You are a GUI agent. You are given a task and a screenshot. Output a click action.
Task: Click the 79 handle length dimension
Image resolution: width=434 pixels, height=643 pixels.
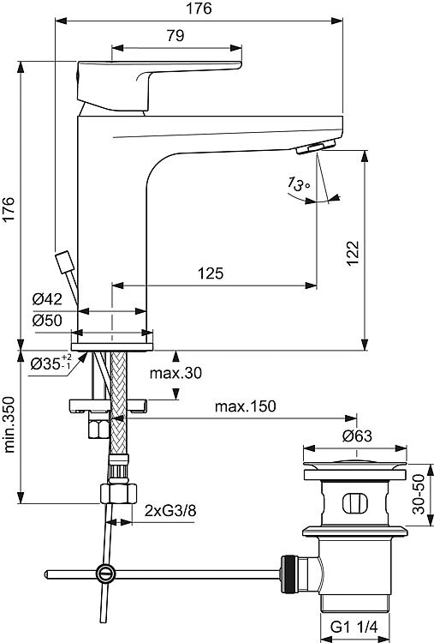pyautogui.click(x=175, y=36)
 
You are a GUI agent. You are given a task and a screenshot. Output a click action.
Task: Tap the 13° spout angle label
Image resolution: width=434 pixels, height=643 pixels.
pyautogui.click(x=298, y=184)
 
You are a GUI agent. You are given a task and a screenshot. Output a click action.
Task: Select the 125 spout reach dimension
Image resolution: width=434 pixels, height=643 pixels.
pyautogui.click(x=211, y=273)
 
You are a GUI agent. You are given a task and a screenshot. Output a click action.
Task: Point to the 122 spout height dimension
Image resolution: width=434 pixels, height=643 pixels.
pyautogui.click(x=353, y=253)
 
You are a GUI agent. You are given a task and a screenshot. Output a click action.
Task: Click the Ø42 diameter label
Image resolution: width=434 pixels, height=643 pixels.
pyautogui.click(x=47, y=299)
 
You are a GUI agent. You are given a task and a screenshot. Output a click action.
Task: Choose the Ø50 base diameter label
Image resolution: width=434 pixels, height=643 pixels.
pyautogui.click(x=47, y=321)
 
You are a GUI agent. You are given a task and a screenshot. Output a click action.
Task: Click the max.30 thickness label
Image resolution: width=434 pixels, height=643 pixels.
pyautogui.click(x=175, y=373)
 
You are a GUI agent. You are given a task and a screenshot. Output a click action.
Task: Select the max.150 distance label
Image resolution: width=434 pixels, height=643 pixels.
pyautogui.click(x=246, y=406)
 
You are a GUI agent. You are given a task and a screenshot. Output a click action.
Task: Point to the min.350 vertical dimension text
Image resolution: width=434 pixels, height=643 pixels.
pyautogui.click(x=9, y=424)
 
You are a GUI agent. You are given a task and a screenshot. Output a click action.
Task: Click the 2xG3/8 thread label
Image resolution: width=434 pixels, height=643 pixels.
pyautogui.click(x=170, y=511)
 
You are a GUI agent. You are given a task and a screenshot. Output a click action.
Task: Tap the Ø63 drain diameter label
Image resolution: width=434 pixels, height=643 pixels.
pyautogui.click(x=357, y=436)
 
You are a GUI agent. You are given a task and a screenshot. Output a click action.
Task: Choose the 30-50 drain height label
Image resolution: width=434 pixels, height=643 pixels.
pyautogui.click(x=419, y=494)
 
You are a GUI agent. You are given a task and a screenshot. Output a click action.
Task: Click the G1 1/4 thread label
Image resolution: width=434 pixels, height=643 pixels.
pyautogui.click(x=354, y=627)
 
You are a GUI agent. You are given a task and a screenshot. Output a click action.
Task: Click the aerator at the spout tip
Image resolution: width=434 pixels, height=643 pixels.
pyautogui.click(x=316, y=147)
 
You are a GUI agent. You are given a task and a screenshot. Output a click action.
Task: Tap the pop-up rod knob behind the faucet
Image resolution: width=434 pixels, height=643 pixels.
pyautogui.click(x=64, y=262)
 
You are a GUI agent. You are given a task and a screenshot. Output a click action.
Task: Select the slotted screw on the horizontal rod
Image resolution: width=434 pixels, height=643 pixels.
pyautogui.click(x=105, y=574)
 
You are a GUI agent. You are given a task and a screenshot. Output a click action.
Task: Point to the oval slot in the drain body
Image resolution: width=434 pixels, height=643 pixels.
pyautogui.click(x=355, y=503)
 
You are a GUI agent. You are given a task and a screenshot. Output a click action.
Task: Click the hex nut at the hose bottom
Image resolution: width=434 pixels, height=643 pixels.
pyautogui.click(x=118, y=494)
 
